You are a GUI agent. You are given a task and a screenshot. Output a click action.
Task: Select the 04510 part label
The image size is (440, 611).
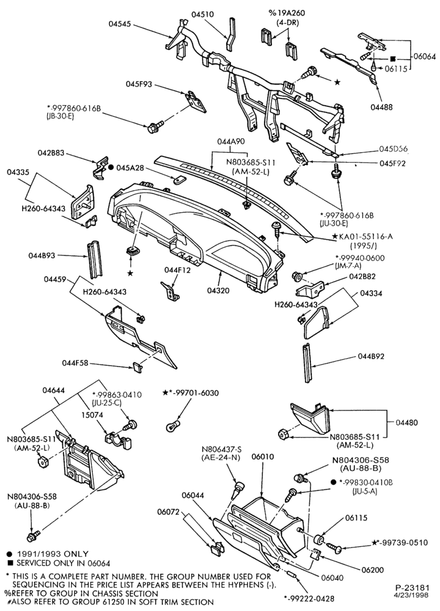click(x=202, y=15)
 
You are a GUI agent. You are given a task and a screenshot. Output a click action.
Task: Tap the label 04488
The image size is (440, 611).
click(x=381, y=107)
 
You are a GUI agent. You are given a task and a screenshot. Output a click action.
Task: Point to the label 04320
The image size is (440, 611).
click(x=218, y=290)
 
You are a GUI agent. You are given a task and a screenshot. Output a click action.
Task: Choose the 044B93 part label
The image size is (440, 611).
click(x=42, y=255)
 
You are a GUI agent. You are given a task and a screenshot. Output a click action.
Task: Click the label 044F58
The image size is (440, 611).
click(x=75, y=363)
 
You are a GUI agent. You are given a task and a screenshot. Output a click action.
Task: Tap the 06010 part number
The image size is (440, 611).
click(x=263, y=456)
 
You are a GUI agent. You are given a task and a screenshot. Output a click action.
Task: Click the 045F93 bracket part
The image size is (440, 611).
click(x=196, y=101)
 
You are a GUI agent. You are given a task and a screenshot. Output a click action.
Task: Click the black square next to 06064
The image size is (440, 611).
click(x=393, y=59)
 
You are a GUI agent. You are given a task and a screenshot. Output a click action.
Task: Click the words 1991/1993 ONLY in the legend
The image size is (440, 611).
click(x=53, y=554)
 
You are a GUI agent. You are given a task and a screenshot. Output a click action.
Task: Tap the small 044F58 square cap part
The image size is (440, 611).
click(x=137, y=365)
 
